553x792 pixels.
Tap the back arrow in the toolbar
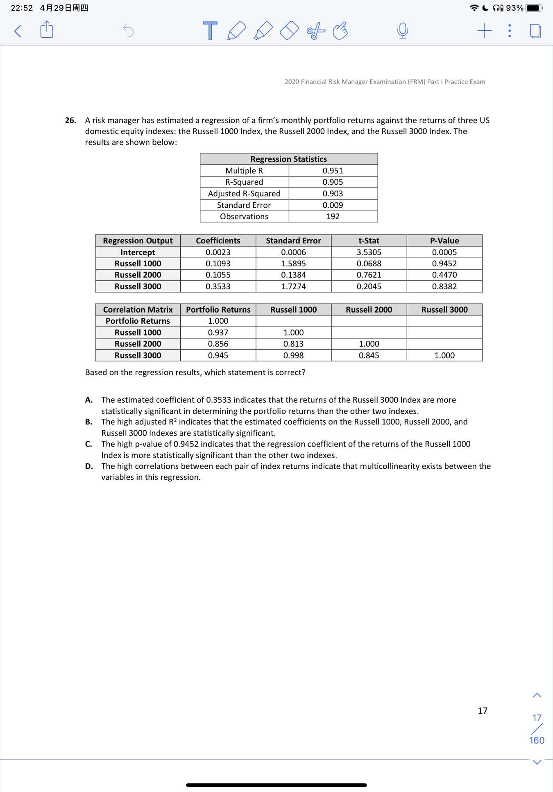18,31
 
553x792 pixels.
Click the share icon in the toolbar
47,30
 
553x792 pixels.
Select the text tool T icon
210,31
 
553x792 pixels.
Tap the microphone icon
403,31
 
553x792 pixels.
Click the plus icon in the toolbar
484,31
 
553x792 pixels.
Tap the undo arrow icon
128,31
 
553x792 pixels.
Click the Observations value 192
333,216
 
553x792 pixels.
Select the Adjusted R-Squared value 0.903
333,193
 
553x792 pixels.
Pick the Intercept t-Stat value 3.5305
369,252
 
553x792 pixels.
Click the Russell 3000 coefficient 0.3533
218,286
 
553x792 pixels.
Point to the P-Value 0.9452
444,263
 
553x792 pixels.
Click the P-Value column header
444,241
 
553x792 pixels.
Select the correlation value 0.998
293,355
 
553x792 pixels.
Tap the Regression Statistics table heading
288,159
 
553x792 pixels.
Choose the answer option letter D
89,466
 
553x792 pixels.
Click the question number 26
70,120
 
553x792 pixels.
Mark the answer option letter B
88,422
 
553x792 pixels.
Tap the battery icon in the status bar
534,8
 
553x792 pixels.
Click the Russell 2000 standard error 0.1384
293,275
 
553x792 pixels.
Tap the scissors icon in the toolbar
315,31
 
